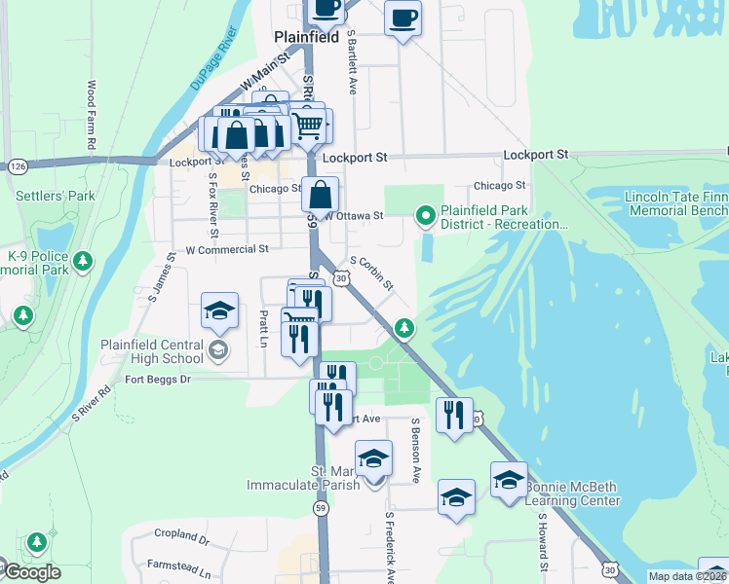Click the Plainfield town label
click(x=306, y=37)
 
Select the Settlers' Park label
click(x=56, y=196)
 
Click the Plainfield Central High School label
click(x=151, y=350)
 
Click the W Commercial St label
click(x=226, y=249)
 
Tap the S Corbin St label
click(x=371, y=274)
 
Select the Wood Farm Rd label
click(x=92, y=115)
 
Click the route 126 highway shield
click(x=19, y=166)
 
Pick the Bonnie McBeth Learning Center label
click(x=572, y=493)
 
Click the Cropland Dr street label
click(x=181, y=535)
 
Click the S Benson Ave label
click(x=415, y=451)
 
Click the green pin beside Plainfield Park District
click(x=425, y=215)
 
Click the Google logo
click(x=32, y=572)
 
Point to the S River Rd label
click(x=93, y=403)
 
